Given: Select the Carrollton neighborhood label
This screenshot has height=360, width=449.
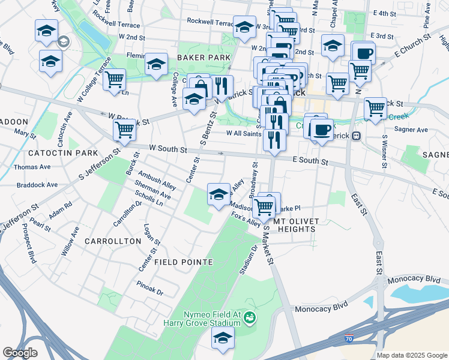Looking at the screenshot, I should (x=113, y=241).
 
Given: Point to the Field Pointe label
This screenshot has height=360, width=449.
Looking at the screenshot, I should (x=184, y=262).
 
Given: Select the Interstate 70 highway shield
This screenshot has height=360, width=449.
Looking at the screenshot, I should (x=349, y=339).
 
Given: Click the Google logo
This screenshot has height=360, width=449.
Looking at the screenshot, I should (x=20, y=353).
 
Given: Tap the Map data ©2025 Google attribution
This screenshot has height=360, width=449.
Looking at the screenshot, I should (x=411, y=355).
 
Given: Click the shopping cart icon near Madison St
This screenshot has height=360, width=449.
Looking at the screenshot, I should (x=264, y=207).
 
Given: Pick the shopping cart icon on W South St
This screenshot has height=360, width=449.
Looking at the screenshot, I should (x=124, y=129).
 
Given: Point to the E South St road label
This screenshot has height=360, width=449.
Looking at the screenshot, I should (x=310, y=161).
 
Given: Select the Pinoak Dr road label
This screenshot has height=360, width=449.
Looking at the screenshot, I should (x=150, y=287).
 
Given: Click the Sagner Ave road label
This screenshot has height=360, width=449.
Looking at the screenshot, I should (x=411, y=130).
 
